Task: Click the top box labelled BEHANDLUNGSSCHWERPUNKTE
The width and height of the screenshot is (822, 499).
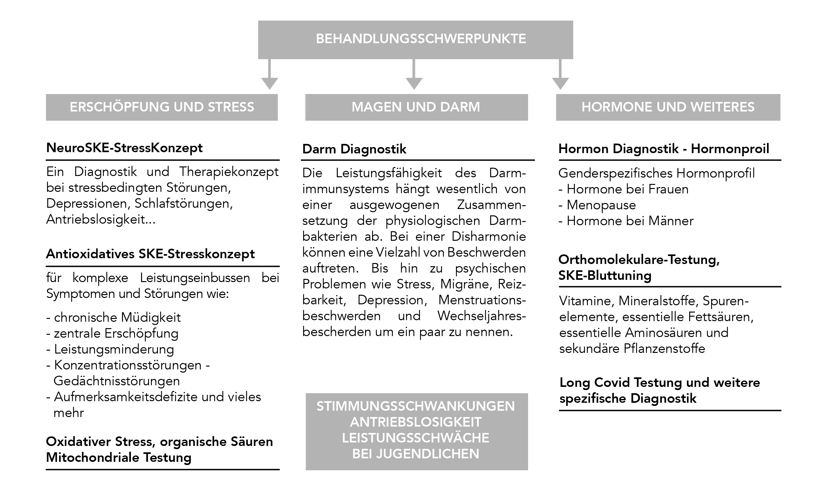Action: tap(415, 40)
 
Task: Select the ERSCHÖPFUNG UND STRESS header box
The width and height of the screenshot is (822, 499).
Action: tap(162, 107)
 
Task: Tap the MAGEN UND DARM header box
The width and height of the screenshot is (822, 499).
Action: tap(416, 107)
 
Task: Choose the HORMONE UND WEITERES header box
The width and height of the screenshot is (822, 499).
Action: tap(668, 107)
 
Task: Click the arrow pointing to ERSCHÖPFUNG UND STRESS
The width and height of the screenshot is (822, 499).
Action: tap(269, 74)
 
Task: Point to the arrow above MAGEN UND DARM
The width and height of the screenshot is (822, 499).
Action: tap(414, 74)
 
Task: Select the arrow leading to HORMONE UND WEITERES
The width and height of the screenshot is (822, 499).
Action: tap(560, 74)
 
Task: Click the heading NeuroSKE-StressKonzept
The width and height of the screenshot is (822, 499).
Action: tap(125, 148)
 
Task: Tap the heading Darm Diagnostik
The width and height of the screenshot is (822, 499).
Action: tap(354, 149)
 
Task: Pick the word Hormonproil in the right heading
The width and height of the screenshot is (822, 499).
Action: tap(730, 149)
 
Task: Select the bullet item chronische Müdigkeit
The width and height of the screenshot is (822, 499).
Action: tap(113, 317)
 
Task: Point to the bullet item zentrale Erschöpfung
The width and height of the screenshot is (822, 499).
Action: tap(112, 333)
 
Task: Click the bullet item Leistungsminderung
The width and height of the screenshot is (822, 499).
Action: tap(110, 349)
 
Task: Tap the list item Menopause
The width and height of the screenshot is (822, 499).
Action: tap(597, 205)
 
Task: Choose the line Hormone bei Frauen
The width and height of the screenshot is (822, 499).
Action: tap(623, 189)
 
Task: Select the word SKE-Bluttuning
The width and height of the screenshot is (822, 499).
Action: tap(605, 276)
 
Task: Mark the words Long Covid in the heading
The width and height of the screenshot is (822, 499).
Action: tap(595, 383)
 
